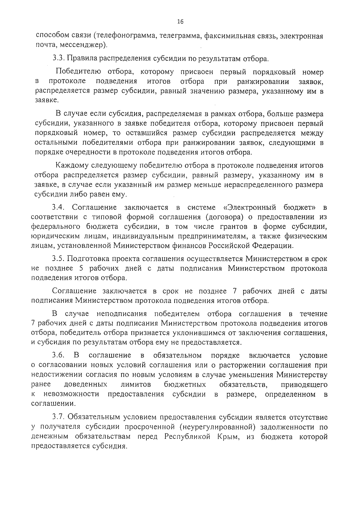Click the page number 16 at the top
(180, 21)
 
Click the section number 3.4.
(57, 207)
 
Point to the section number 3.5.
(57, 259)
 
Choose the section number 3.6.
(58, 355)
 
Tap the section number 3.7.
(58, 417)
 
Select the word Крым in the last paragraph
(228, 437)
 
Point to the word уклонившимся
(206, 333)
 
